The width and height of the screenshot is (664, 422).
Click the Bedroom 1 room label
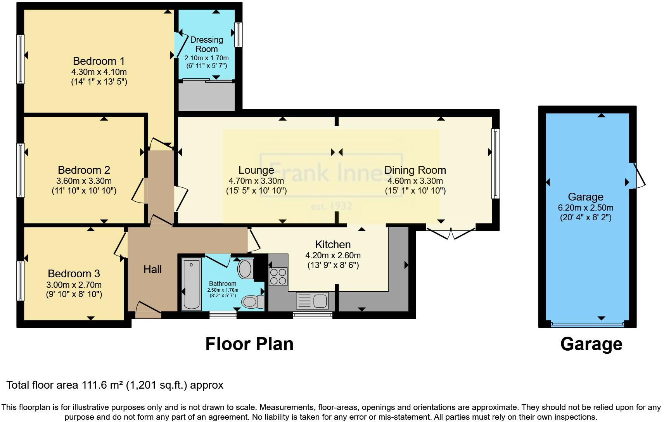click(x=99, y=61)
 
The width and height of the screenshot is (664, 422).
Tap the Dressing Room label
click(x=206, y=44)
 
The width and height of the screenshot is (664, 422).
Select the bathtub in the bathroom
click(x=191, y=285)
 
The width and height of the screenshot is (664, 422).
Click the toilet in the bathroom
click(x=253, y=301)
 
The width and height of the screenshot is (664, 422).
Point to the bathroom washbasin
click(x=245, y=269)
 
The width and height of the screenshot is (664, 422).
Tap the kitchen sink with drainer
click(x=312, y=301)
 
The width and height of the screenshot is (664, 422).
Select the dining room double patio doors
click(x=451, y=233)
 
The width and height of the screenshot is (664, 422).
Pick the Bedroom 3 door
click(x=120, y=244)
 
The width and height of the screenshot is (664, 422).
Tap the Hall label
click(x=152, y=270)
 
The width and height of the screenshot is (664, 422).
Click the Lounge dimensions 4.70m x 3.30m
click(x=256, y=181)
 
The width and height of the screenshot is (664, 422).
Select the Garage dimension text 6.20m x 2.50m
click(x=585, y=208)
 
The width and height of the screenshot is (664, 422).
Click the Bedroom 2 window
click(x=21, y=170)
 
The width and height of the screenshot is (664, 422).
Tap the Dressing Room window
click(x=239, y=35)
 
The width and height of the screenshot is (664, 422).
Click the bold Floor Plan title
click(x=249, y=344)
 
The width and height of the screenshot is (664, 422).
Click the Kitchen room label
click(x=333, y=244)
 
